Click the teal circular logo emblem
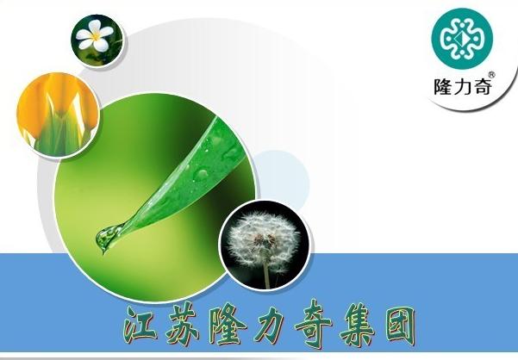click(462, 39)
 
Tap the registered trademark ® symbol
click(491, 75)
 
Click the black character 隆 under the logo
click(443, 86)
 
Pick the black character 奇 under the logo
click(481, 86)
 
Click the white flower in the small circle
click(95, 35)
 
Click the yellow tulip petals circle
click(58, 115)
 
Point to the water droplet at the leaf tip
click(107, 237)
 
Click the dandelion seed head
click(264, 240)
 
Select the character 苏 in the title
click(183, 323)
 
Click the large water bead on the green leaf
click(201, 175)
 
